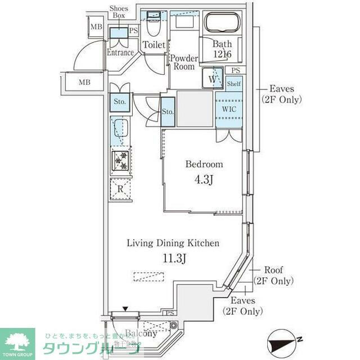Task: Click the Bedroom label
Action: (x=205, y=165)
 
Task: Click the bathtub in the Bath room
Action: (x=223, y=24)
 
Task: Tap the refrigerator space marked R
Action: (x=120, y=188)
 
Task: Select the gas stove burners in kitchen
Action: (x=120, y=160)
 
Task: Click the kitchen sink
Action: (x=120, y=129)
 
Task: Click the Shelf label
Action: (x=234, y=84)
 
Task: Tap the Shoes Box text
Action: (x=118, y=12)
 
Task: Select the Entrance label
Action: (x=120, y=53)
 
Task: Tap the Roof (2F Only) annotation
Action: (x=273, y=276)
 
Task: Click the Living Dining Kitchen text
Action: (x=172, y=243)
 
